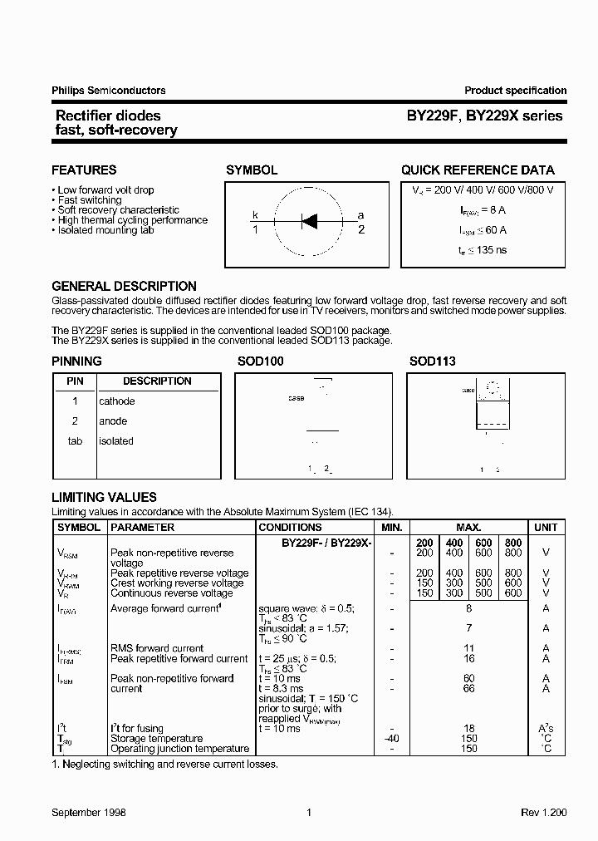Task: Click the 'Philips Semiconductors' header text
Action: click(x=109, y=91)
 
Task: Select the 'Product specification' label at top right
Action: click(x=515, y=91)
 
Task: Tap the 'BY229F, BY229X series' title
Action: click(x=484, y=116)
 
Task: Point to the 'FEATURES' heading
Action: click(x=84, y=170)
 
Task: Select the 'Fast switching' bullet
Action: click(x=89, y=200)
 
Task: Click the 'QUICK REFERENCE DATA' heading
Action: click(x=478, y=170)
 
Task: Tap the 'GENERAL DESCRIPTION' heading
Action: click(x=124, y=287)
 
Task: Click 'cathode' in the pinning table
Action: click(x=117, y=401)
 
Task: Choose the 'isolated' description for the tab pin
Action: click(x=116, y=441)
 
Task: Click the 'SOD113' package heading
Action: click(x=432, y=362)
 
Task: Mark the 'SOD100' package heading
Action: click(x=261, y=362)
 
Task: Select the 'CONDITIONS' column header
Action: click(x=290, y=528)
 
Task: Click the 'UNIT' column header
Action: click(x=546, y=528)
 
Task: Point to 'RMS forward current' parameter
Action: click(x=156, y=649)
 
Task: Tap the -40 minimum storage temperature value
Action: click(x=392, y=739)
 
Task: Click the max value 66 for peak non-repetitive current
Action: click(x=469, y=689)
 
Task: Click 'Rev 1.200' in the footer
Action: click(x=543, y=814)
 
